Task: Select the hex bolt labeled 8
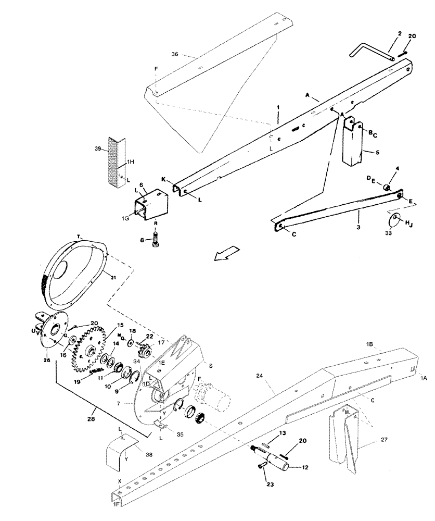[155, 241]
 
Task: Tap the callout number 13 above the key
[281, 433]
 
